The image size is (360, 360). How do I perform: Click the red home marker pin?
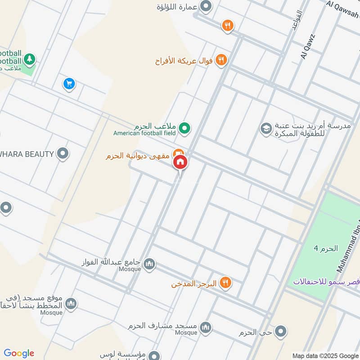180,162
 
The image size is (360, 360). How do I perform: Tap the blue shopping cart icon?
69,84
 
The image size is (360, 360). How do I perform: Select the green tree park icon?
30,58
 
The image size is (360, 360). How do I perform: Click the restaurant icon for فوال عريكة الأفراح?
221,59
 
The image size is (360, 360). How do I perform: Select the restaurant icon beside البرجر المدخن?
225,283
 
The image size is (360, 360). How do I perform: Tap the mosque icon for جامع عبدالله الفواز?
150,264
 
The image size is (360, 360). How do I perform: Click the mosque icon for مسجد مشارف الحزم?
206,327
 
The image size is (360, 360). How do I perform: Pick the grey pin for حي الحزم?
281,332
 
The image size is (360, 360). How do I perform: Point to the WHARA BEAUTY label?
27,154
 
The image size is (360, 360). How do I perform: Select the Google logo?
19,353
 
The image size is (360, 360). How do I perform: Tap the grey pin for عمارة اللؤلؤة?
206,7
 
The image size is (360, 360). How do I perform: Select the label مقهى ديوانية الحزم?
138,156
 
